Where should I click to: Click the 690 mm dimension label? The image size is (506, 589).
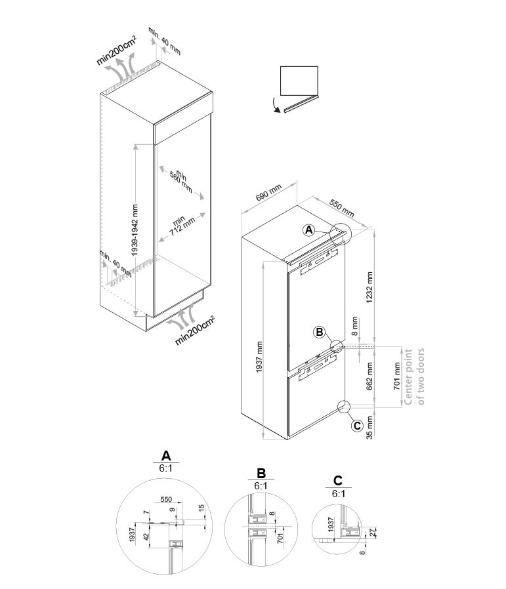(268, 192)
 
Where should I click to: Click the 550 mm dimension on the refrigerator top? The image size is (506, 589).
(342, 208)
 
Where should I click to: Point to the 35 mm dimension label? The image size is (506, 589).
(369, 427)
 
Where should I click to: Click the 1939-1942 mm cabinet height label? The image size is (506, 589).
(135, 230)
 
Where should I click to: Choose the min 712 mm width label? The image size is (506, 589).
(181, 226)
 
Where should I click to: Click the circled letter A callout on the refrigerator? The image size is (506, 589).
(308, 230)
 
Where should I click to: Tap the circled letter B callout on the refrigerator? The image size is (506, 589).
(319, 332)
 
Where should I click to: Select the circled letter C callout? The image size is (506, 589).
(357, 426)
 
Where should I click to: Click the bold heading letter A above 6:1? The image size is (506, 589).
(166, 455)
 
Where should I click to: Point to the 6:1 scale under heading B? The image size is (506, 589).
(261, 486)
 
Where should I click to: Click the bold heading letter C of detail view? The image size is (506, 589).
(337, 480)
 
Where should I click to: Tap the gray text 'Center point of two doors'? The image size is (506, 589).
(414, 376)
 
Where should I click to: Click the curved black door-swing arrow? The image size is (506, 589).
(276, 105)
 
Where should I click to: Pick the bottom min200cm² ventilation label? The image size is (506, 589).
(195, 331)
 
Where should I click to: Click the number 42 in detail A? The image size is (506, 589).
(147, 537)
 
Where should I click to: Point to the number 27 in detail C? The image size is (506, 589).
(373, 532)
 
